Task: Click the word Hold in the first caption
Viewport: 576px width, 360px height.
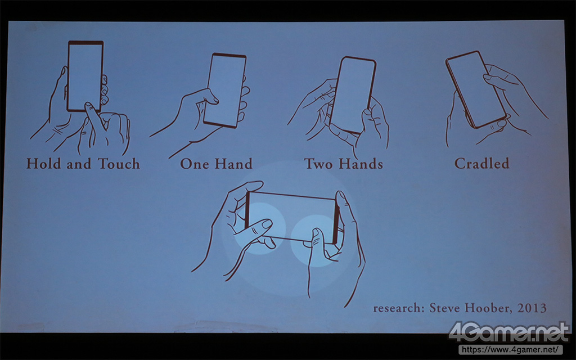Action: click(43, 164)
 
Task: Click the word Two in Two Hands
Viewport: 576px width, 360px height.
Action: click(319, 164)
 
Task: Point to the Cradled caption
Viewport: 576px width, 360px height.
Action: click(481, 163)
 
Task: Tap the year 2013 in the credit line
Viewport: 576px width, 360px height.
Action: click(532, 308)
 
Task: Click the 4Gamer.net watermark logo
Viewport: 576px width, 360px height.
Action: click(509, 332)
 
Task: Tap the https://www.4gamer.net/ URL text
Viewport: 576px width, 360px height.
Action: click(510, 349)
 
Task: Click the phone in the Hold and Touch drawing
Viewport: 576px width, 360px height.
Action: click(85, 76)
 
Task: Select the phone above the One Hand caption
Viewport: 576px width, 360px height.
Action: click(225, 91)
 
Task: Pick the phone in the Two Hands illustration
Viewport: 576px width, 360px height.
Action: click(353, 94)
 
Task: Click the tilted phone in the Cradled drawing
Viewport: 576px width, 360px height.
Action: click(476, 89)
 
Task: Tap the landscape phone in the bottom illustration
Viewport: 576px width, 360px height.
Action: click(292, 217)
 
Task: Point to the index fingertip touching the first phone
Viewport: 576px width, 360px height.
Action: click(89, 106)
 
